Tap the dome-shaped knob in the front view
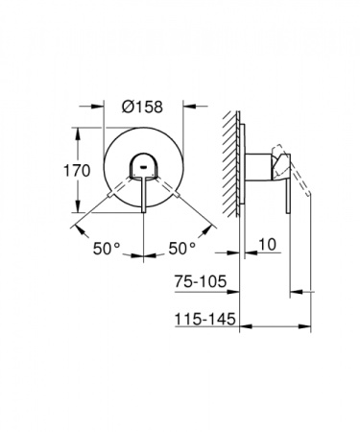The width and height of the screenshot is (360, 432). point(143,165)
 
